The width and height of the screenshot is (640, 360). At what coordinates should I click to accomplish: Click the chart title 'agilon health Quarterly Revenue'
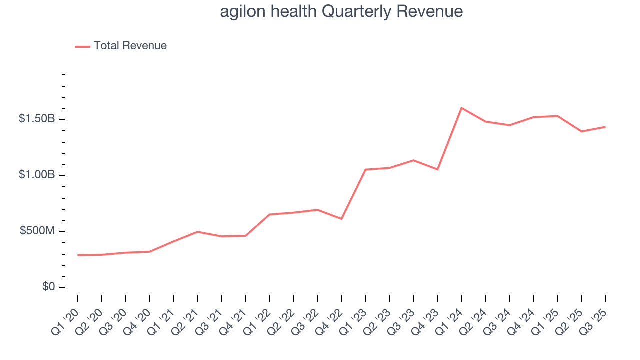click(341, 11)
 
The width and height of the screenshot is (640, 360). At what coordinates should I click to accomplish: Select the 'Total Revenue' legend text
click(130, 46)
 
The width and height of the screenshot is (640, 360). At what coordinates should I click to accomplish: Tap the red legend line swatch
click(82, 46)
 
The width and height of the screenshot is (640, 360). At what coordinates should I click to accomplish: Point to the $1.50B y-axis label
click(37, 119)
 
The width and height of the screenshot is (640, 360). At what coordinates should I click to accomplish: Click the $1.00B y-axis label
click(37, 175)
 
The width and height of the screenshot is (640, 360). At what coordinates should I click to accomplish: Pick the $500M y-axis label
click(37, 231)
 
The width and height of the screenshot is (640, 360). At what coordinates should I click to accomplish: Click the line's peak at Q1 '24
click(461, 108)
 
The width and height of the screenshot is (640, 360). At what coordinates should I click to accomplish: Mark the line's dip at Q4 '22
click(341, 219)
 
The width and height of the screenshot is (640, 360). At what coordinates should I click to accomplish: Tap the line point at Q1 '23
click(365, 170)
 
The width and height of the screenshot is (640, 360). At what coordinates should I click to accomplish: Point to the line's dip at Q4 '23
click(437, 169)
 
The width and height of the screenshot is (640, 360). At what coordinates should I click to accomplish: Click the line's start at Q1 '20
click(78, 255)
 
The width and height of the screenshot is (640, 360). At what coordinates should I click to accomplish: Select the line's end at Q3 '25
click(605, 127)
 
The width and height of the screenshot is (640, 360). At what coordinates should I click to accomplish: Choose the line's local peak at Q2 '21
click(197, 232)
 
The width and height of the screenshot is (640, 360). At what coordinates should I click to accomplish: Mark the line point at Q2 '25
click(581, 131)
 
